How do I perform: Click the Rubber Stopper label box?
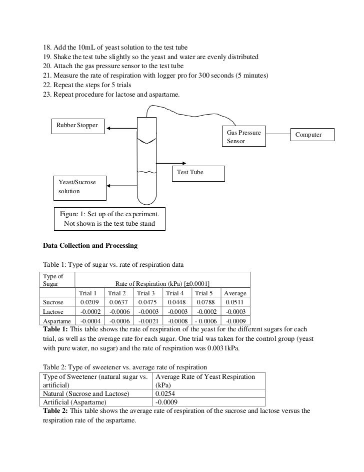click(77, 125)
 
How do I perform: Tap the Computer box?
click(312, 135)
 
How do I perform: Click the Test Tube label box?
click(198, 173)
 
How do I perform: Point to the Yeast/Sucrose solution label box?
click(79, 187)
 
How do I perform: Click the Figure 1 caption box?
click(109, 219)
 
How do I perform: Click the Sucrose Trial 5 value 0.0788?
click(204, 302)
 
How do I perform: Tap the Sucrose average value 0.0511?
click(235, 302)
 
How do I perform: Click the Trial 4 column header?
click(175, 293)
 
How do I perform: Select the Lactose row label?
click(53, 312)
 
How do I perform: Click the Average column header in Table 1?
click(235, 293)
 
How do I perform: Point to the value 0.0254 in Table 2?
click(165, 394)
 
